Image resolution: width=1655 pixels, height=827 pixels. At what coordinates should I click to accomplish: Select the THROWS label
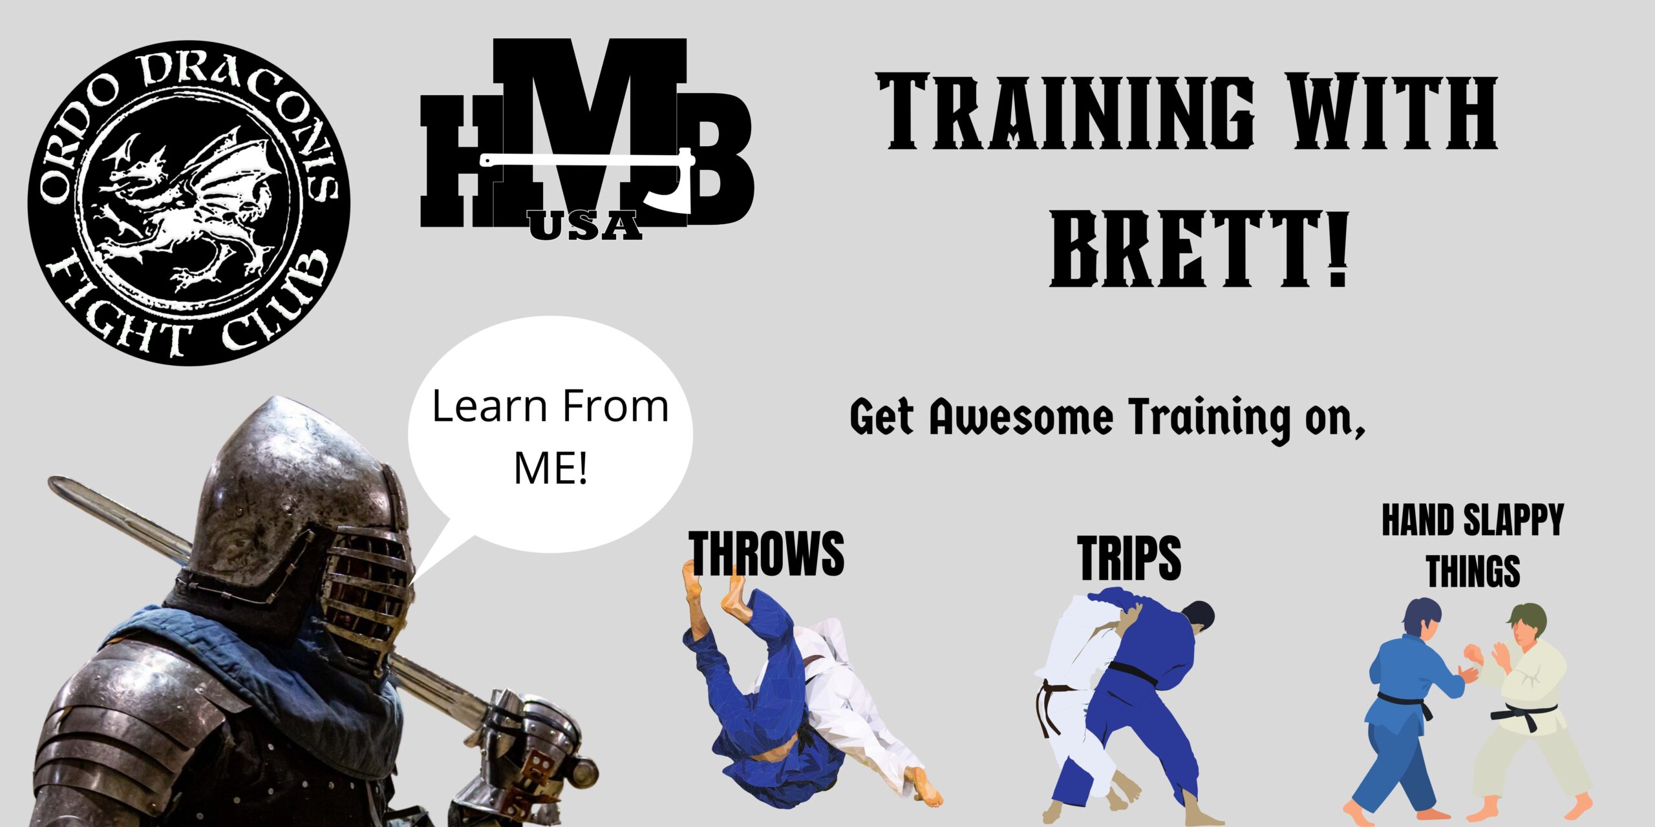coord(767,553)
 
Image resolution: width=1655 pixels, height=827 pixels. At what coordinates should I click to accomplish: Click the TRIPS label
coord(1129,558)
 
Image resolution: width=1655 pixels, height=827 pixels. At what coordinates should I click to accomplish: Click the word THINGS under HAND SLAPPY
coord(1473,571)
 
